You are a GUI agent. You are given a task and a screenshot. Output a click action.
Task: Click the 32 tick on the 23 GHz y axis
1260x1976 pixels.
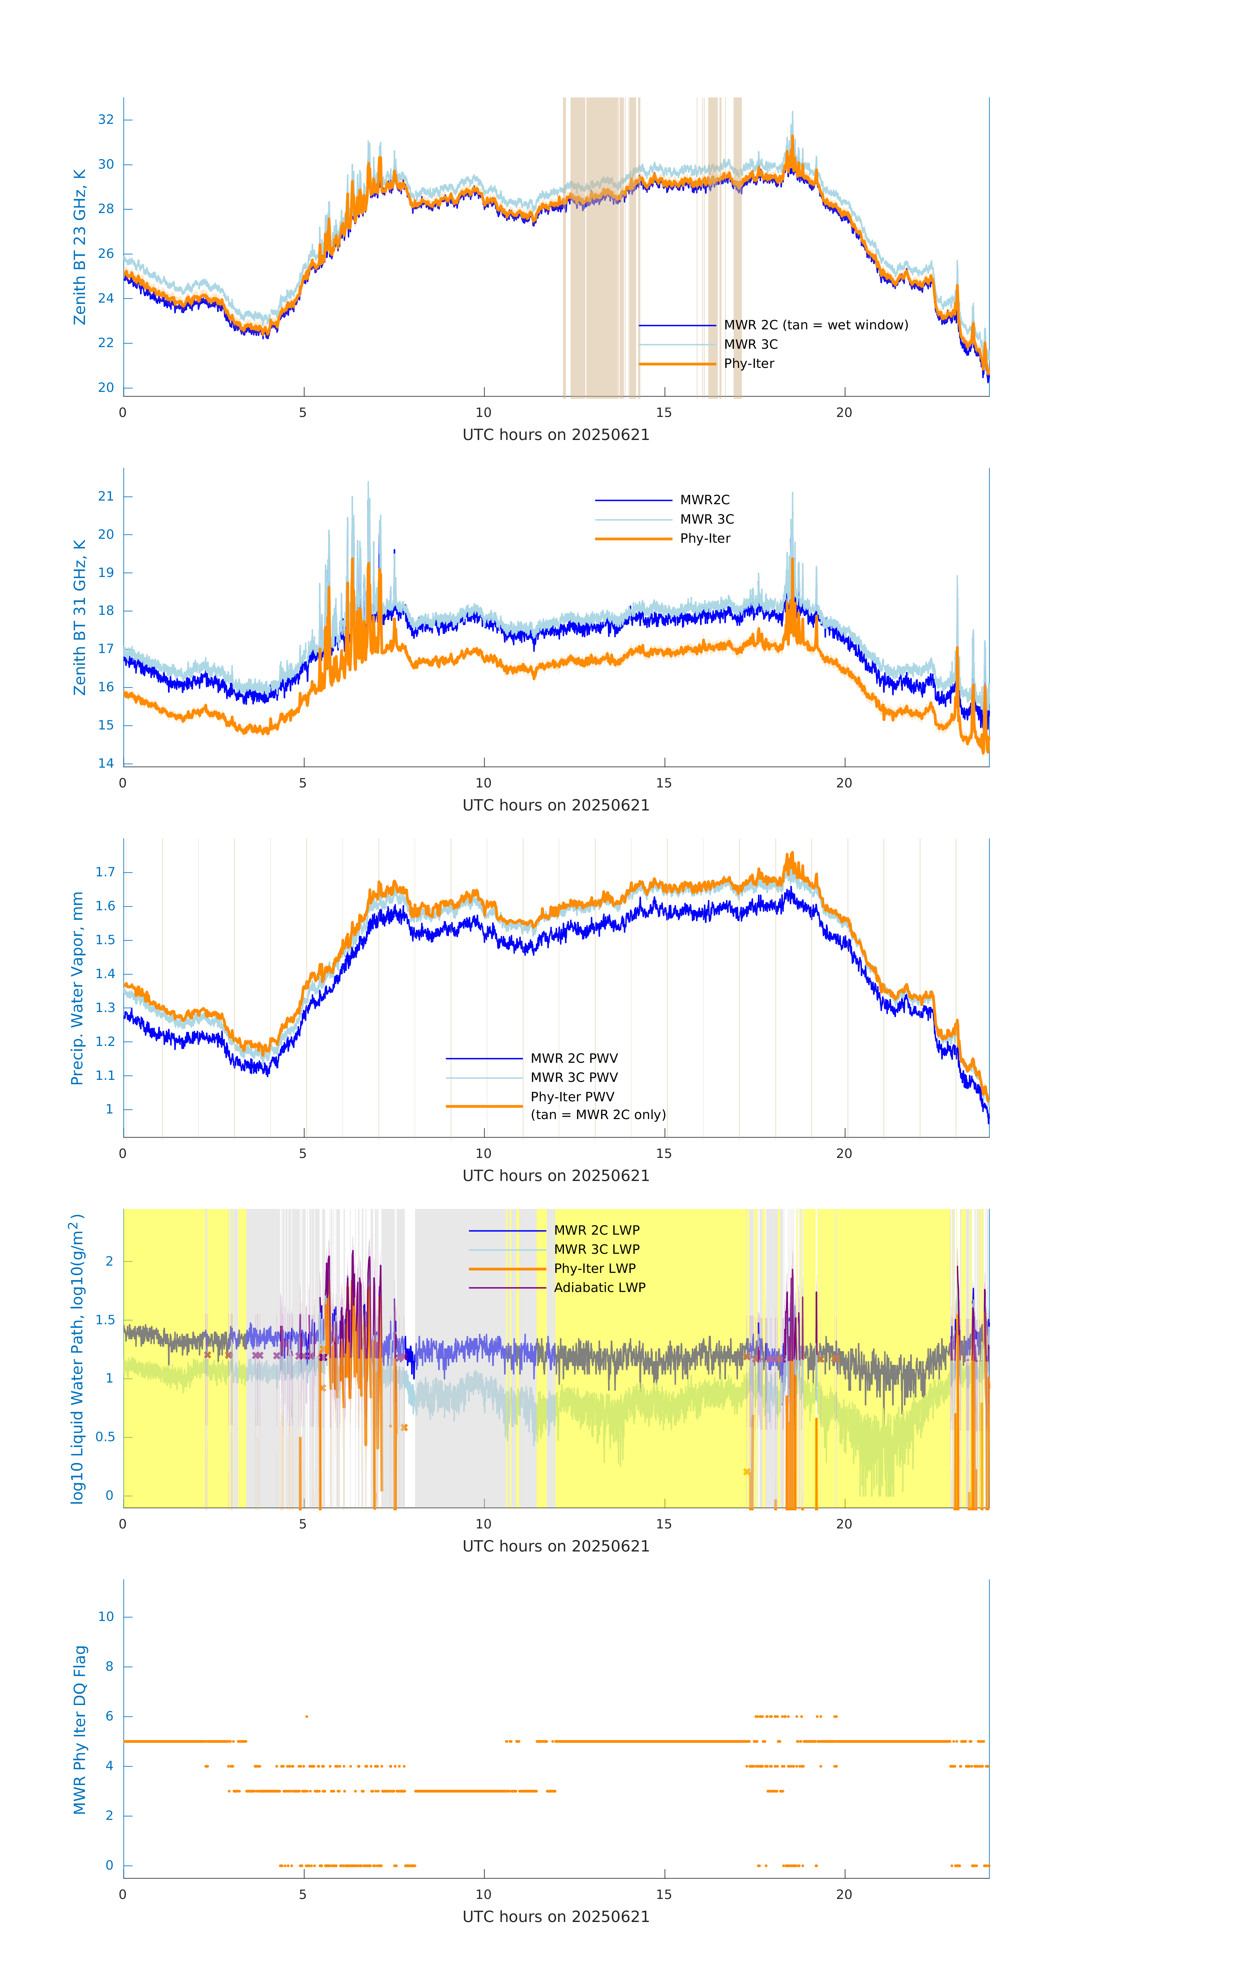(x=106, y=120)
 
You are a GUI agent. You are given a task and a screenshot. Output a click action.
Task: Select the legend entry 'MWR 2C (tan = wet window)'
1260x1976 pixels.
(x=815, y=325)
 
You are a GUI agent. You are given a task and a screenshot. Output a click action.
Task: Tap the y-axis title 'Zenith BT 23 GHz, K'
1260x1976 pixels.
(x=80, y=247)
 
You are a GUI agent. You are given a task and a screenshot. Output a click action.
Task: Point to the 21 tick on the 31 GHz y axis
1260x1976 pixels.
(x=106, y=496)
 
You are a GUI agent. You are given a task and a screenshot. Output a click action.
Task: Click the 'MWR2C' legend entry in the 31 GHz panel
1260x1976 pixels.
(x=704, y=500)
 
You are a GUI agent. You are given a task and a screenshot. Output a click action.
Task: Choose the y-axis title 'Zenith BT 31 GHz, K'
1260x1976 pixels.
(x=80, y=617)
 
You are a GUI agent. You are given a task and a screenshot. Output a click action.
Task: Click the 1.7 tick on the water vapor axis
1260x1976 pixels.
(x=105, y=872)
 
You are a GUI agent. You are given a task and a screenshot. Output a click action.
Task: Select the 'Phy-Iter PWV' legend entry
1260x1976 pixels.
(x=572, y=1097)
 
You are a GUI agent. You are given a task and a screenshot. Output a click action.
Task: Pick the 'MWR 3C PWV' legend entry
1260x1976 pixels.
(x=574, y=1078)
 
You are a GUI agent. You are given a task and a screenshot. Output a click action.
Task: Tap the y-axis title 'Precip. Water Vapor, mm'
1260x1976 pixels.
(x=77, y=988)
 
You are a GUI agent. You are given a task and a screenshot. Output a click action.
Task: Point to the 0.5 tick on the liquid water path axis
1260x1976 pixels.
(x=105, y=1437)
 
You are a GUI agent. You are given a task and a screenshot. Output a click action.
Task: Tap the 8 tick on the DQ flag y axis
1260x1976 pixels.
(x=109, y=1667)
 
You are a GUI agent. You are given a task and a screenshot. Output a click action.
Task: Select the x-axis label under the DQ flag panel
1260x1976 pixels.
(x=556, y=1917)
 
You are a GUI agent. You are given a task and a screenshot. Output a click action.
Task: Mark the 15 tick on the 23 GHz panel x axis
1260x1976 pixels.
(x=664, y=413)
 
